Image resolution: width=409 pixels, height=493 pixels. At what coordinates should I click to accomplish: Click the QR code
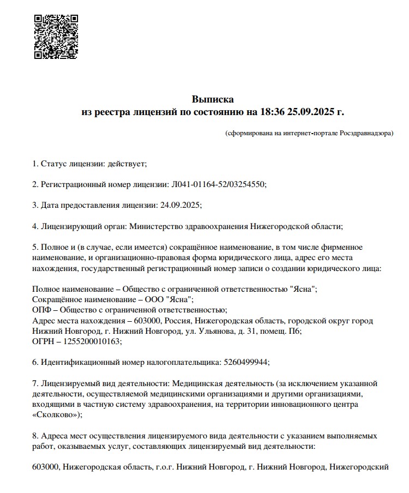click(56, 37)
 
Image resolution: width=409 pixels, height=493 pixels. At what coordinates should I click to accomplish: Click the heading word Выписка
click(213, 99)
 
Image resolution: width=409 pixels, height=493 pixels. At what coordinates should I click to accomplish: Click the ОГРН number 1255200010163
click(91, 341)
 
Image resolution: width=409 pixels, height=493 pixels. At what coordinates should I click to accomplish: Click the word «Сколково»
click(56, 414)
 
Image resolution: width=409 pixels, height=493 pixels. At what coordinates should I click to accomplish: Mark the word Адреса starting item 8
click(54, 436)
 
